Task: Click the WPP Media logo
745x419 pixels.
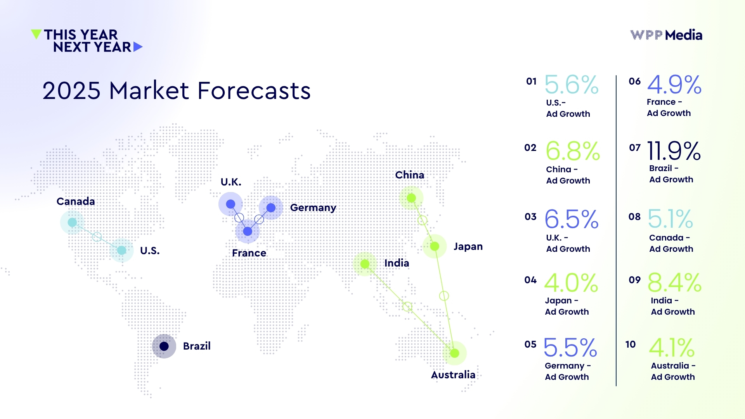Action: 666,35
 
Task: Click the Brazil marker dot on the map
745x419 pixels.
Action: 164,346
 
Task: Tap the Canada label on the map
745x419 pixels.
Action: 76,201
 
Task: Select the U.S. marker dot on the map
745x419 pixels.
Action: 121,250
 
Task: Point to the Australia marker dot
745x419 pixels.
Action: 454,353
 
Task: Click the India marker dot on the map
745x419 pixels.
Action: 365,264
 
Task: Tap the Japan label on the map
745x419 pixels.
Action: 468,246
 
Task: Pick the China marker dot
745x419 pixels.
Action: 411,198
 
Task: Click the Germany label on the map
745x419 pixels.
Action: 313,208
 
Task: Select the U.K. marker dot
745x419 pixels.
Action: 230,204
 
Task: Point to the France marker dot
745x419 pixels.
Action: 248,232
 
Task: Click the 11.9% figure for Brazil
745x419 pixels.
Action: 674,151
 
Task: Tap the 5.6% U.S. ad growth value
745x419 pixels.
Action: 572,85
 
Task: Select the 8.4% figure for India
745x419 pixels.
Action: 674,282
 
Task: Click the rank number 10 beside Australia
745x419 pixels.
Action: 631,344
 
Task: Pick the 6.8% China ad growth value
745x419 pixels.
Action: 573,151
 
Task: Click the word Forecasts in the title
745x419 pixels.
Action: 254,91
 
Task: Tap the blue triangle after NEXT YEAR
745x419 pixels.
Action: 138,47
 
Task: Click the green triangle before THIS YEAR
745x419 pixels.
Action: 36,34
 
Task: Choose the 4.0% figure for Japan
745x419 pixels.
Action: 571,282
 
